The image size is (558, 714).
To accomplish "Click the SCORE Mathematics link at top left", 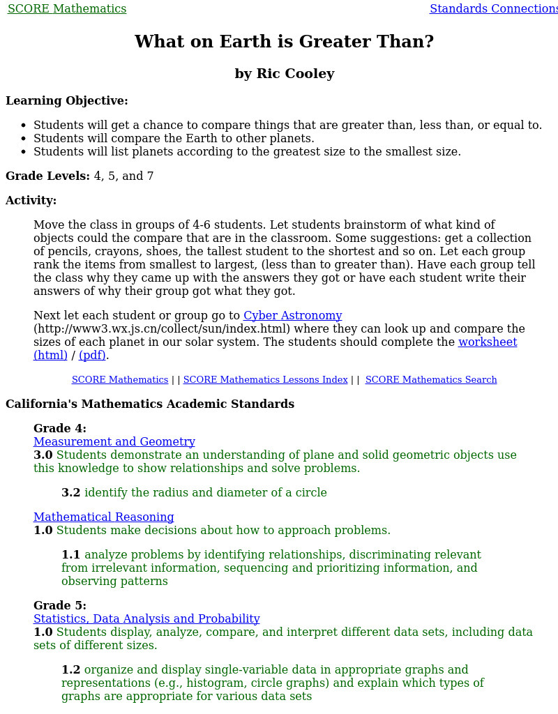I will tap(67, 9).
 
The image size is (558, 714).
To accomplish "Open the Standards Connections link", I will tap(493, 9).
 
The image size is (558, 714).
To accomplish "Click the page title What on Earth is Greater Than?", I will tap(284, 42).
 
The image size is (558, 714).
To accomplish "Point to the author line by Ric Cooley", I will tap(284, 74).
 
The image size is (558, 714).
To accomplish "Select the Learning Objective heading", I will tap(67, 101).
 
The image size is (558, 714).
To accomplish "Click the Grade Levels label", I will tap(47, 176).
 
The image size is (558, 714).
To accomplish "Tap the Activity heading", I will tap(31, 201).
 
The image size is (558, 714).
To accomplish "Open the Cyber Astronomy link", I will tap(292, 316).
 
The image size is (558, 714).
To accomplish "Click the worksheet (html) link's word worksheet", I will tap(487, 342).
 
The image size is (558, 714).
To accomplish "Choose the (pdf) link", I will tap(93, 356).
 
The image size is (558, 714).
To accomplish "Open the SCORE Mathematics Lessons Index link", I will tap(265, 380).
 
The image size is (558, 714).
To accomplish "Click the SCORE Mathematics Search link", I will tap(431, 380).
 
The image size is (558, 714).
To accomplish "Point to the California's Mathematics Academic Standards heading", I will tap(150, 404).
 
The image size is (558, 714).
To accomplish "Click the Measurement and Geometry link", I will tap(114, 442).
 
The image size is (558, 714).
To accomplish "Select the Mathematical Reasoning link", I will tap(104, 517).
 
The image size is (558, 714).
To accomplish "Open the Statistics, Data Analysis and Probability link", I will tap(146, 619).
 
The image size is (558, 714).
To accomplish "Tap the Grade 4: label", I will tap(60, 429).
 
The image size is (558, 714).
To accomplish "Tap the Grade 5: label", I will tap(60, 606).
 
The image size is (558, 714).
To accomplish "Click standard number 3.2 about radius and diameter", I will tap(70, 493).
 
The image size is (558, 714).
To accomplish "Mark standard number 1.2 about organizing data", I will tap(70, 670).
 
